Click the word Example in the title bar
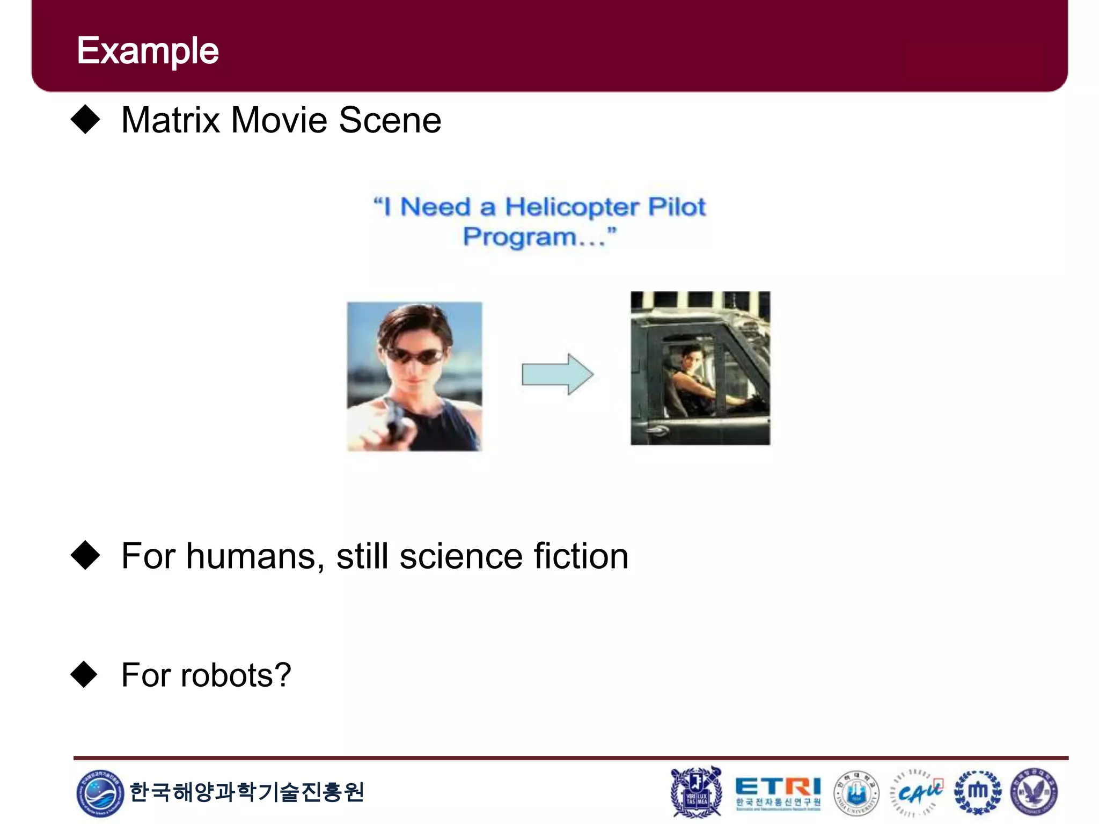(148, 51)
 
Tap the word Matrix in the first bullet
(170, 120)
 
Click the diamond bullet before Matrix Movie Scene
(85, 119)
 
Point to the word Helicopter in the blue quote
(572, 207)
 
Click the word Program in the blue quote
(519, 237)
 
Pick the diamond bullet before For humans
(85, 555)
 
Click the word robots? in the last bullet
(236, 675)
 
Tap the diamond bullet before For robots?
(84, 674)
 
